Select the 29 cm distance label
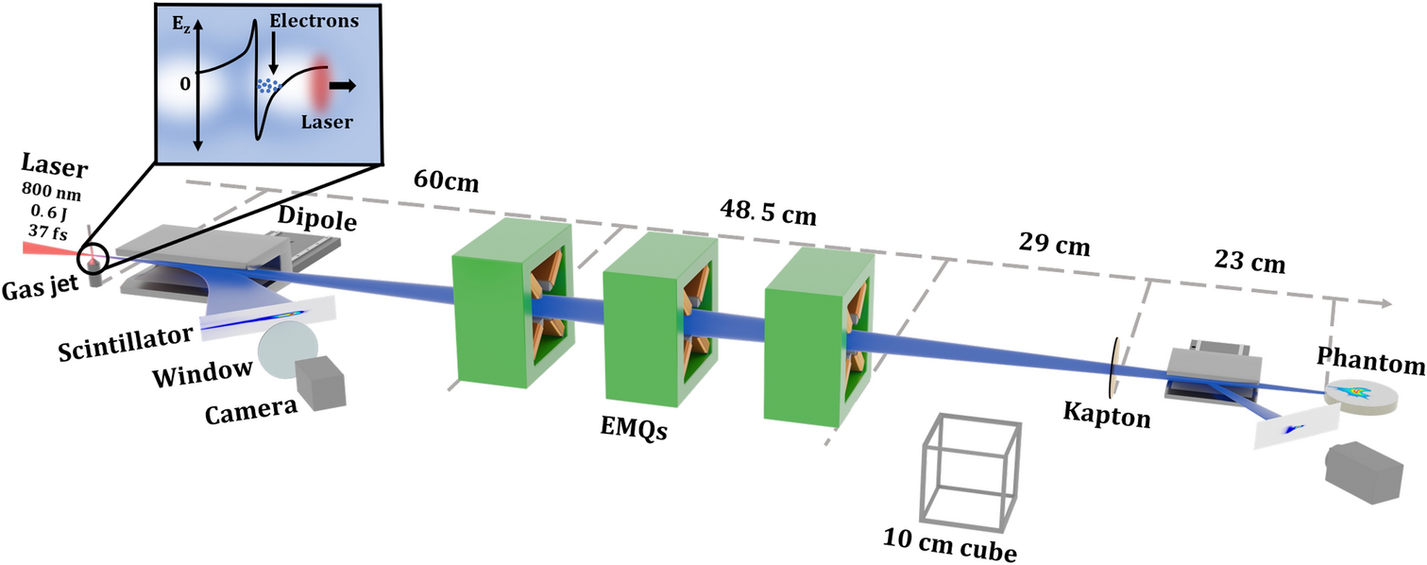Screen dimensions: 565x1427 [x=1056, y=247]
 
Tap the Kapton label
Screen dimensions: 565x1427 [x=1105, y=416]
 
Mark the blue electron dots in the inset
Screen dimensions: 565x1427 [x=269, y=85]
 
